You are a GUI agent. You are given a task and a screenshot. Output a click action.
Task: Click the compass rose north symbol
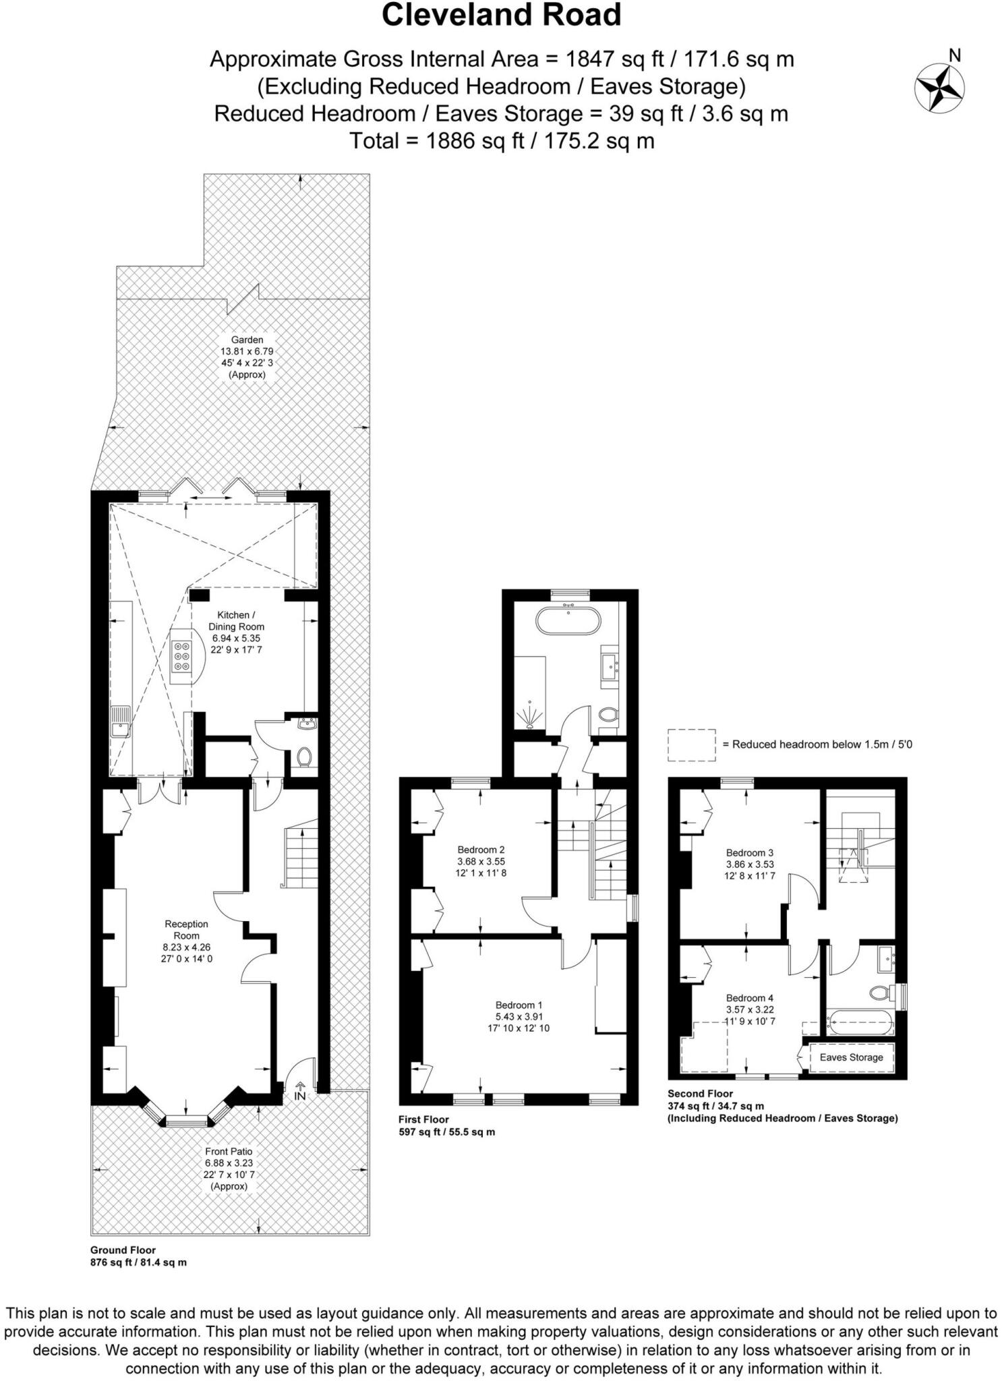point(939,87)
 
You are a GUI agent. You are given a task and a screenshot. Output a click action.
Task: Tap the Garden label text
point(247,340)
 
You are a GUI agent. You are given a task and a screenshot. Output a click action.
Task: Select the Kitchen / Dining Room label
point(236,620)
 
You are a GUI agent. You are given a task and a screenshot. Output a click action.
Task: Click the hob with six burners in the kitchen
point(181,655)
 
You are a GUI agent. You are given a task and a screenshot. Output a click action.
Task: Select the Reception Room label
point(187,929)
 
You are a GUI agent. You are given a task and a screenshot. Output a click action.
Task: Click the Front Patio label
point(229,1151)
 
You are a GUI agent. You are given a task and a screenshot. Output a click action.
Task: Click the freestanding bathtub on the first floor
point(568,620)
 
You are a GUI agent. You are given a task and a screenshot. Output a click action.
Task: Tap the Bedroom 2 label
point(481,850)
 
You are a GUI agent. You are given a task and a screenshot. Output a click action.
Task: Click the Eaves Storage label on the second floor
point(851,1057)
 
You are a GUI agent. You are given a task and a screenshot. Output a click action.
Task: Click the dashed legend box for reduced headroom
point(691,744)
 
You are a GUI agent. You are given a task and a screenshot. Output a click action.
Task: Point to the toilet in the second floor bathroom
point(879,993)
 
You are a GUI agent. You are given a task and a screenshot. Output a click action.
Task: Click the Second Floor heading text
point(700,1093)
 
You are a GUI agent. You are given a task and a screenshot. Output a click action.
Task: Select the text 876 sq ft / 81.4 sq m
point(138,1262)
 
